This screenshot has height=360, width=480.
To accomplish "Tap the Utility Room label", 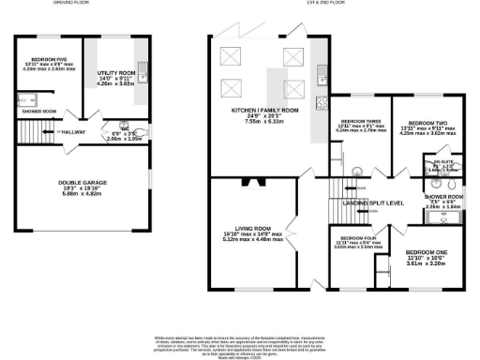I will click(116, 71).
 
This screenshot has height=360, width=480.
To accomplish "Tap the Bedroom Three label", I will click(360, 123).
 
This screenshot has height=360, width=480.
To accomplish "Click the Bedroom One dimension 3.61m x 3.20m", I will click(425, 265).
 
